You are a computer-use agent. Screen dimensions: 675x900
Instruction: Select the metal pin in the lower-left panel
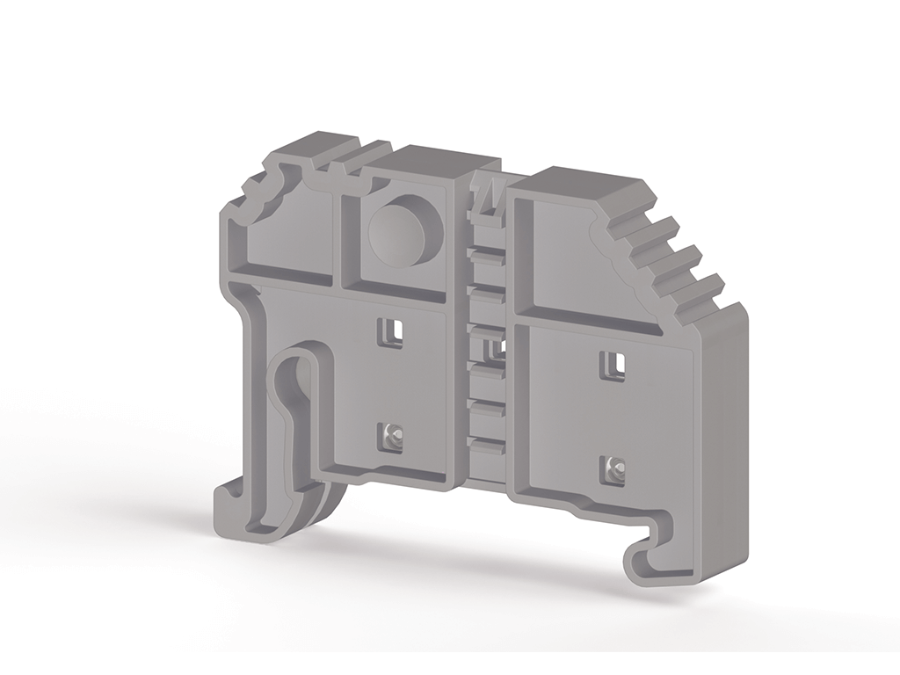tap(391, 434)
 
